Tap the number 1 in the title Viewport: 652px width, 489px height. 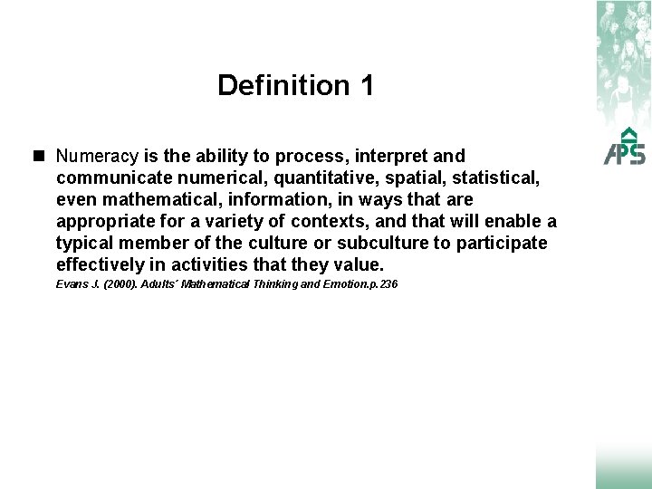pos(366,86)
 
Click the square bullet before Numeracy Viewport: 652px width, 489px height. pos(41,156)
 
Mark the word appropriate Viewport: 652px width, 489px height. pos(105,222)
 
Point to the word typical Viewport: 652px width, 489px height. pos(85,244)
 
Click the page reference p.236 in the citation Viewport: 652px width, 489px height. pos(379,285)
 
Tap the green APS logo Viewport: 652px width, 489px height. pos(625,144)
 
